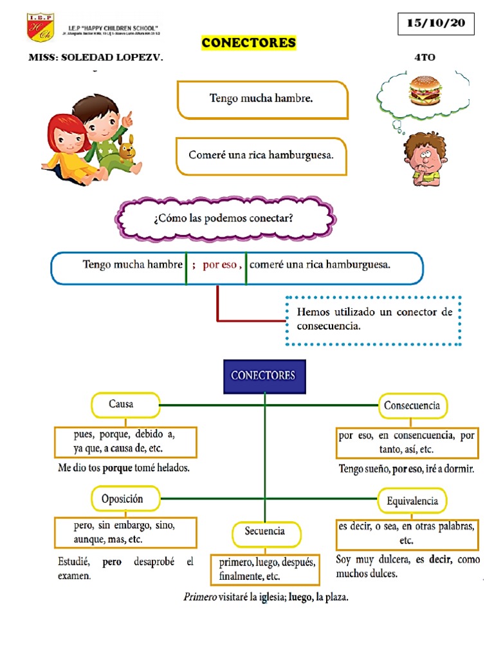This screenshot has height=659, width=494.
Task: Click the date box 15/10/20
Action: [x=436, y=24]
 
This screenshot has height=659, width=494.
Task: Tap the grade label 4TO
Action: [x=425, y=57]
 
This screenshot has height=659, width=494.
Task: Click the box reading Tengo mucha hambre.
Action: [x=262, y=99]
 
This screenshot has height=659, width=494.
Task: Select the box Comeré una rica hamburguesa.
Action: [x=262, y=156]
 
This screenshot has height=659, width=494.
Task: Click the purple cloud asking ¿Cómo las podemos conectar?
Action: [x=224, y=218]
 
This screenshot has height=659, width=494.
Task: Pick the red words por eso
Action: [x=219, y=265]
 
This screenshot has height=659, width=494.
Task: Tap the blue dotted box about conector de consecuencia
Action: [x=374, y=319]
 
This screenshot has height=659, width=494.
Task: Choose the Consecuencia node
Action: [x=412, y=405]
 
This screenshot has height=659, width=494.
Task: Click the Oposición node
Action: [x=122, y=499]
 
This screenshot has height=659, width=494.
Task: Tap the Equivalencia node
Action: [x=412, y=500]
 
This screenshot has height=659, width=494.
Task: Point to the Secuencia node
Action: [x=264, y=532]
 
